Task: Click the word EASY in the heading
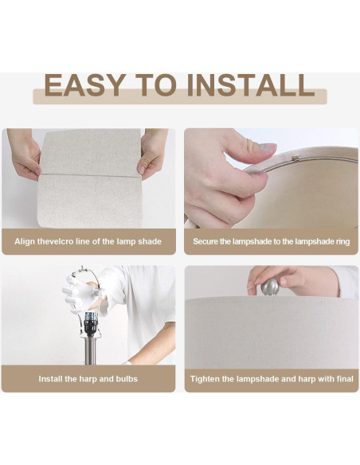pyautogui.click(x=84, y=85)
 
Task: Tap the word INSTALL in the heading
pyautogui.click(x=251, y=85)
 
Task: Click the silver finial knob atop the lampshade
pyautogui.click(x=269, y=287)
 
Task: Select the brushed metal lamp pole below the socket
pyautogui.click(x=91, y=350)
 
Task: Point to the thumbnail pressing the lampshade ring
pyautogui.click(x=268, y=147)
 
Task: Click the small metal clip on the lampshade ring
pyautogui.click(x=295, y=158)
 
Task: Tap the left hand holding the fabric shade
pyautogui.click(x=25, y=154)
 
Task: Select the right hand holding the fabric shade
pyautogui.click(x=153, y=154)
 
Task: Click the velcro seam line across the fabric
pyautogui.click(x=89, y=175)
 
